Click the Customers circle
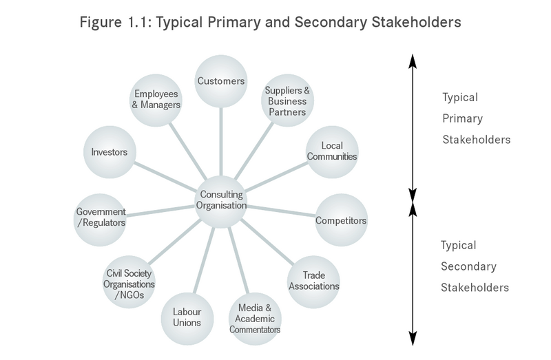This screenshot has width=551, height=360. (221, 81)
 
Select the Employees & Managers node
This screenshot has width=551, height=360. (157, 99)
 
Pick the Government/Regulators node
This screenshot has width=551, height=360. (101, 217)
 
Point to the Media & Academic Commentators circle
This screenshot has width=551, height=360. (256, 317)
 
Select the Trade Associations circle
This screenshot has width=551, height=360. (313, 281)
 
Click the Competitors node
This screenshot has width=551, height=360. (340, 221)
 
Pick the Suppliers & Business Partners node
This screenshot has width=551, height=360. (286, 100)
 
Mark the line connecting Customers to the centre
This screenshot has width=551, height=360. (221, 141)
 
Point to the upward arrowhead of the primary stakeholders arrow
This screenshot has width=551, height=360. (412, 61)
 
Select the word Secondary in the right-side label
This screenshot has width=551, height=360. (468, 266)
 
